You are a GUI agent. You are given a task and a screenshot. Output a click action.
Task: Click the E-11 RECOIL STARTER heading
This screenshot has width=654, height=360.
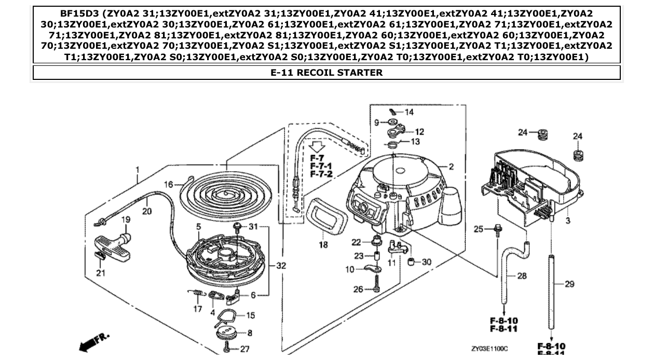[326, 73]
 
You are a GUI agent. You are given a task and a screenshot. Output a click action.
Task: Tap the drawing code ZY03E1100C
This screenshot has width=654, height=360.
[489, 349]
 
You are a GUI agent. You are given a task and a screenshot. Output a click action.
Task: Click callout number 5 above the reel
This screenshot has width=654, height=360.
[198, 226]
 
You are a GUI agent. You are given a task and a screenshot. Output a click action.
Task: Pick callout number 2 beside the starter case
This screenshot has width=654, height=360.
[451, 167]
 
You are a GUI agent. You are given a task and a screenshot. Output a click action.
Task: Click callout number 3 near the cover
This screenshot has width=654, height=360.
[567, 221]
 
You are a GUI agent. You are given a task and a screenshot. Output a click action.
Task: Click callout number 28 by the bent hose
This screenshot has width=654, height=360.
[522, 276]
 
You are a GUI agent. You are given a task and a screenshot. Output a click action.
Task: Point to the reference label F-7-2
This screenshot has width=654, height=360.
[321, 174]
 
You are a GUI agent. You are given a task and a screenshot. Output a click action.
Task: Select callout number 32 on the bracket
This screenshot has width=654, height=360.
[281, 266]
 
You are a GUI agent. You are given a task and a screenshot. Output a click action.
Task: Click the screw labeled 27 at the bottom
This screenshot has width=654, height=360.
[227, 349]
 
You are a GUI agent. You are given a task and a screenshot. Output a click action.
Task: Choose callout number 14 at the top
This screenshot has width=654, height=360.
[409, 112]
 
